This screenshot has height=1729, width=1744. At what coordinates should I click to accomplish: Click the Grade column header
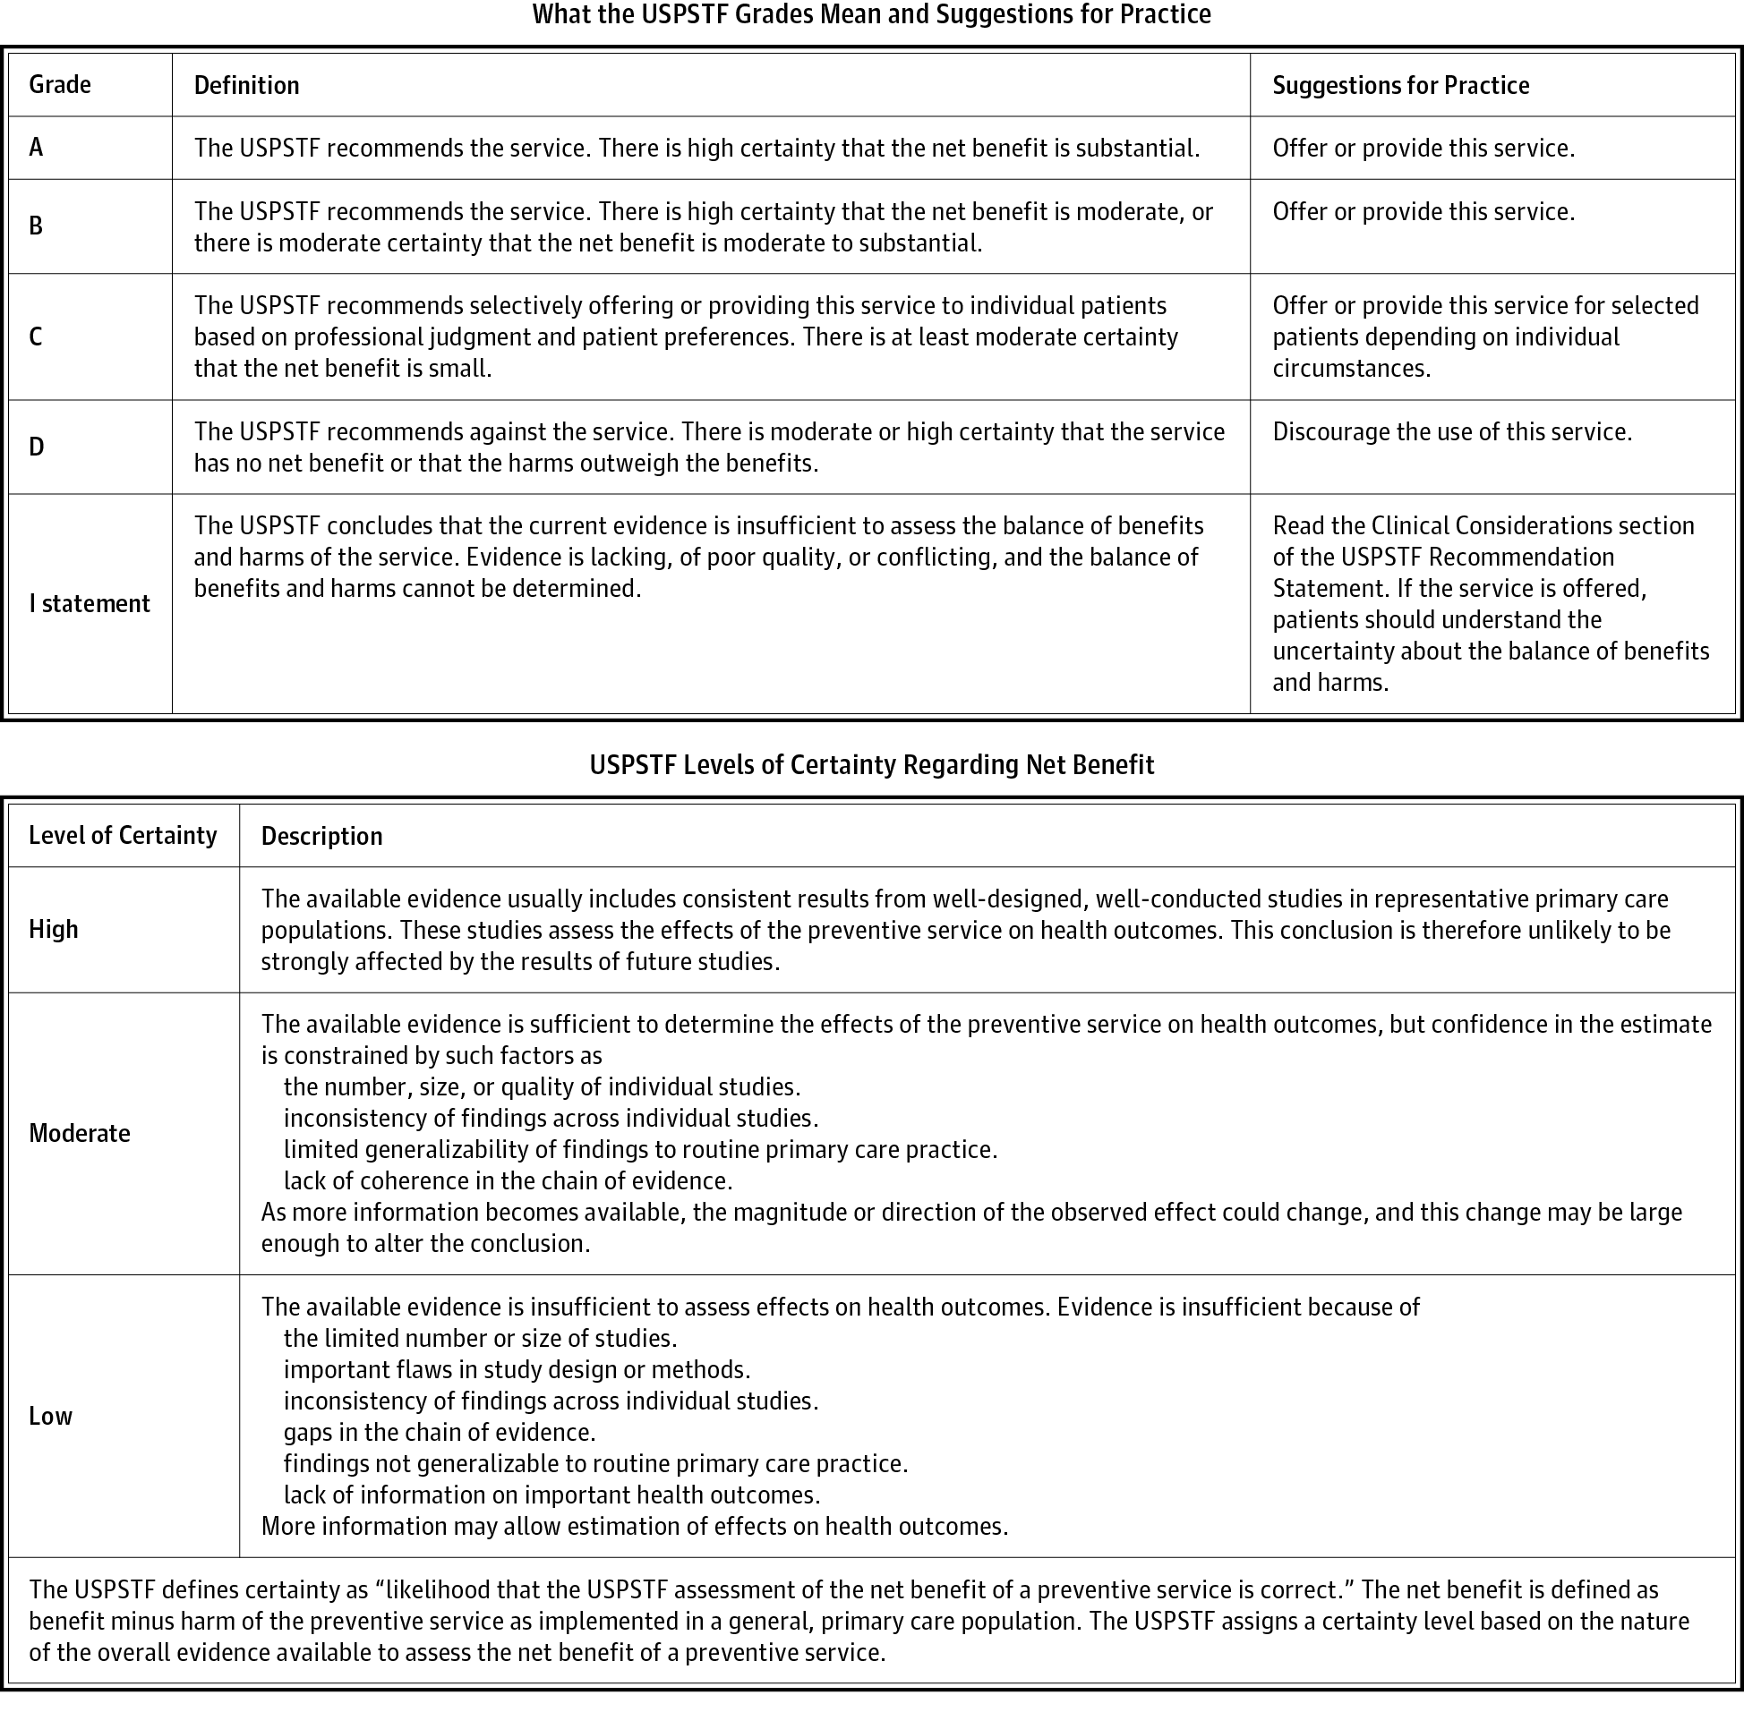(x=60, y=85)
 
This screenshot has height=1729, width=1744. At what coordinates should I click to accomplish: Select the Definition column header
(x=246, y=85)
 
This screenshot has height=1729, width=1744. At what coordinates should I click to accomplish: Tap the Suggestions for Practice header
(x=1400, y=85)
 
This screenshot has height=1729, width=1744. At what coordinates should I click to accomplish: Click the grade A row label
(x=36, y=147)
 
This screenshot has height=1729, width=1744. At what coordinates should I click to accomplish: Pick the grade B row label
(x=36, y=226)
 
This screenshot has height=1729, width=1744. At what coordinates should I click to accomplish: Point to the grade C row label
(x=36, y=336)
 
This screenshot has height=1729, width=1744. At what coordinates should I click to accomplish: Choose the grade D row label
(x=36, y=447)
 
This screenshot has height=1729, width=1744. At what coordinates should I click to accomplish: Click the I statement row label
(x=90, y=604)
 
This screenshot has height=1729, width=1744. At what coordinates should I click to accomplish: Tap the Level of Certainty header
(x=123, y=836)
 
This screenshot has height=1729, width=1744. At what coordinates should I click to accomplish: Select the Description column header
(x=321, y=837)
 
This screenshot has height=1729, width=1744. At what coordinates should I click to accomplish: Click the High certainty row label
(x=53, y=930)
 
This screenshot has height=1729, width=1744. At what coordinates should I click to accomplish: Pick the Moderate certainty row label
(x=80, y=1133)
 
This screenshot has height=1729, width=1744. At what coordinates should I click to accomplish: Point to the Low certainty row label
(x=50, y=1416)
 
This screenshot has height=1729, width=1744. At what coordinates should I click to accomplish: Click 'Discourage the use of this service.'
(x=1451, y=431)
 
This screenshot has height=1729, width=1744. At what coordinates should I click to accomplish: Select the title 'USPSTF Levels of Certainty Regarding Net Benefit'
(x=871, y=765)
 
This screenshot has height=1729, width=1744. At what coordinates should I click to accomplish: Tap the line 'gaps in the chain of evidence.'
(x=440, y=1432)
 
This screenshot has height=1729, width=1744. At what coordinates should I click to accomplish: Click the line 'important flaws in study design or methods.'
(x=517, y=1370)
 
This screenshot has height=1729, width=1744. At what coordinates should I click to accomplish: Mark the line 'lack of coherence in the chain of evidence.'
(x=508, y=1180)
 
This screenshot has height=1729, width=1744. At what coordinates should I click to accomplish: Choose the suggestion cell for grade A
(x=1423, y=148)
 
